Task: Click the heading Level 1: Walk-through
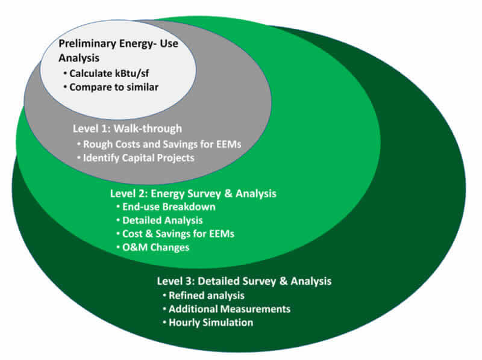[127, 128]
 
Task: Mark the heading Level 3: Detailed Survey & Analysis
[244, 281]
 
